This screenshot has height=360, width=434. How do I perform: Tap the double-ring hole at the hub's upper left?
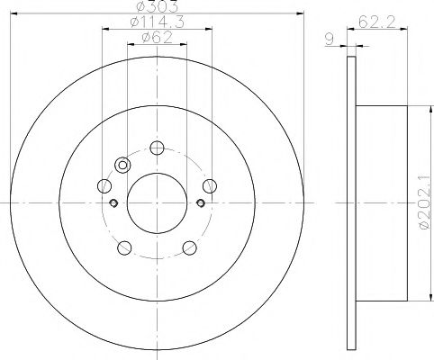(x=123, y=165)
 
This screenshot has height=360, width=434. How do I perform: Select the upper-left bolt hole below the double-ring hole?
(x=104, y=186)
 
